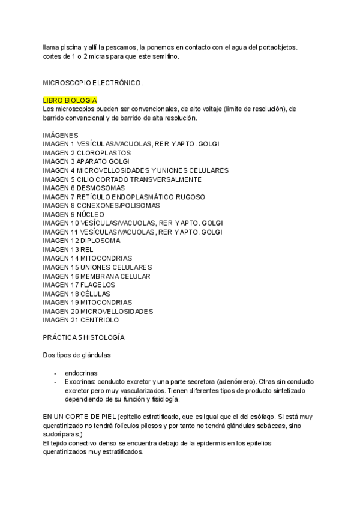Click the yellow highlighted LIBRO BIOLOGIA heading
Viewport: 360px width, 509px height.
point(70,100)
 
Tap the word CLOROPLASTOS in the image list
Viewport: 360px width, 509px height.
point(101,153)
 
